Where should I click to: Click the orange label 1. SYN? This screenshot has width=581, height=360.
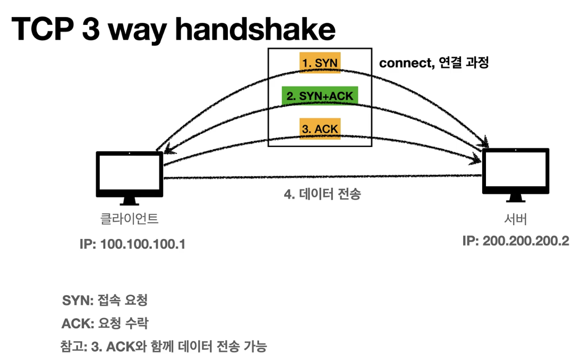coord(319,63)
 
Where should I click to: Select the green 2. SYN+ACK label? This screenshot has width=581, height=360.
coord(320,96)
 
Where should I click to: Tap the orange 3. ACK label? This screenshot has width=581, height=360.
coord(319,128)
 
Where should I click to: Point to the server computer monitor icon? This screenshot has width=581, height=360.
coord(515,172)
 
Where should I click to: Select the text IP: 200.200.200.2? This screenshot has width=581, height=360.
coord(515,241)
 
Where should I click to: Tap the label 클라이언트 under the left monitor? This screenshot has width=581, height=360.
coord(129,218)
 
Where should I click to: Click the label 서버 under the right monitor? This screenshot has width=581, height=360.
coord(515,218)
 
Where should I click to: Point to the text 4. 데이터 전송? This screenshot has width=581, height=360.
coord(322,194)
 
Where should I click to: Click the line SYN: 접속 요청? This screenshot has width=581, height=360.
coord(105,301)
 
